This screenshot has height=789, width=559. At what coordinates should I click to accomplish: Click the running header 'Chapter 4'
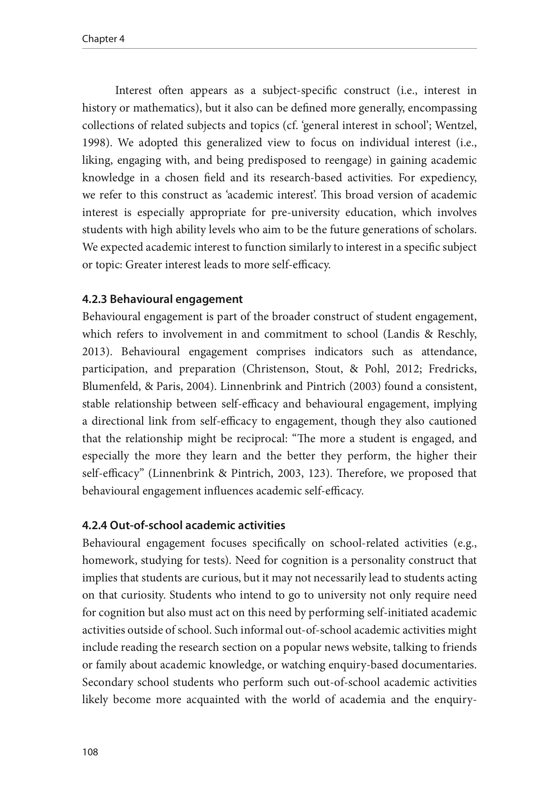(103, 39)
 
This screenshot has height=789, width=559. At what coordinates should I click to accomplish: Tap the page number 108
(90, 752)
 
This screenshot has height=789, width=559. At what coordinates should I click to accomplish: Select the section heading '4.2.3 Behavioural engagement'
(162, 299)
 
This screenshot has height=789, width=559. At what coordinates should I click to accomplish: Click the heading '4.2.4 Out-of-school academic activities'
(184, 525)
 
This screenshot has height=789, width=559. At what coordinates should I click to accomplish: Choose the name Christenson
(276, 369)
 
